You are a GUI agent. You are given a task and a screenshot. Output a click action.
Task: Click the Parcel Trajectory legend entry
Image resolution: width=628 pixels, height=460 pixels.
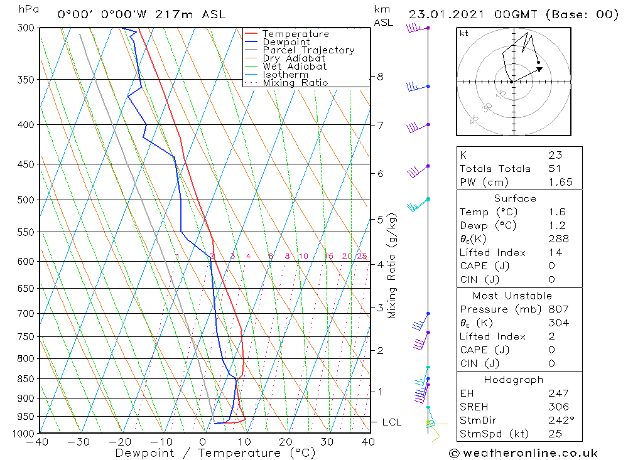(x=308, y=50)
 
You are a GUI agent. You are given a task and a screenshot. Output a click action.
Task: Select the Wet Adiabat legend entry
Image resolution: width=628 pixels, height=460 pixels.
(x=295, y=67)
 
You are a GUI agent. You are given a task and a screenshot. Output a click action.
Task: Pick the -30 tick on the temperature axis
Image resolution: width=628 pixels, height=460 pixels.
(x=80, y=442)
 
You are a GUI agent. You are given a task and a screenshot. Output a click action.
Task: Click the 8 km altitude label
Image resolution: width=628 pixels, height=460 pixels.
(x=380, y=77)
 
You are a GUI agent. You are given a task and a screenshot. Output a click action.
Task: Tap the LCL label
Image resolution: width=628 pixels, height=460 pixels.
(x=391, y=422)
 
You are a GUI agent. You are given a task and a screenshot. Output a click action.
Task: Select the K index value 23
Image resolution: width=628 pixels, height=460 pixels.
(x=555, y=155)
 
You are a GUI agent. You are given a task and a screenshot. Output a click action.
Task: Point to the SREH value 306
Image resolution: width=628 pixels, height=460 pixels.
(x=558, y=407)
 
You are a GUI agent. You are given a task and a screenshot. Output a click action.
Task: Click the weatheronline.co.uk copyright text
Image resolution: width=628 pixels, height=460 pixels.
(x=523, y=452)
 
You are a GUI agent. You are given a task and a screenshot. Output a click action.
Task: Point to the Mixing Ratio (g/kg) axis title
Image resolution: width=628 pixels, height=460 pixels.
(x=392, y=266)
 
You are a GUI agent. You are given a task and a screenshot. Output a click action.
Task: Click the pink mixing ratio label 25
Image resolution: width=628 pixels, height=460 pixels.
(x=362, y=256)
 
